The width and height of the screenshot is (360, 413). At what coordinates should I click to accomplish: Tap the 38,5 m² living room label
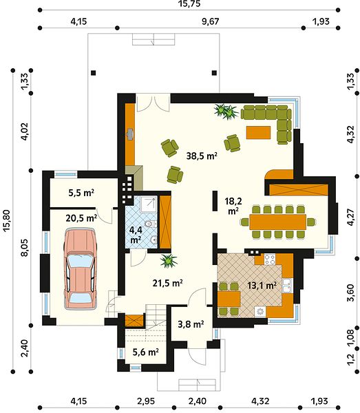coord(202,156)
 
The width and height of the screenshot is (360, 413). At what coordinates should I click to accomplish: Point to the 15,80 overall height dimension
coord(6,220)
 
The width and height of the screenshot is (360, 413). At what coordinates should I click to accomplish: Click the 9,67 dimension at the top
coord(211,21)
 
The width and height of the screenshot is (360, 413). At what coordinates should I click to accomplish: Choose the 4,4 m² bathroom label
coord(136,235)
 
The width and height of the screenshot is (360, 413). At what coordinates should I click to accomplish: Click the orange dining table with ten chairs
coord(277,222)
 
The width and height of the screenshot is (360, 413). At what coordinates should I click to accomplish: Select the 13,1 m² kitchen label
coord(262,285)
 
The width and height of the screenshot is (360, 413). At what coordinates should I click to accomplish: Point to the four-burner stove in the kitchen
coord(269,259)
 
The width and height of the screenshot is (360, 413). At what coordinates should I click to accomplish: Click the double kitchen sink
coord(287,286)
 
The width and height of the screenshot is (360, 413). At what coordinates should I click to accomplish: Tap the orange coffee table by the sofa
coord(258,132)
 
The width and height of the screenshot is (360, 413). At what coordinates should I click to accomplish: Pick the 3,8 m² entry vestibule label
coord(191,324)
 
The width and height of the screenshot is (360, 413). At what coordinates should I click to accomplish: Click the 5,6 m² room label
coord(146,352)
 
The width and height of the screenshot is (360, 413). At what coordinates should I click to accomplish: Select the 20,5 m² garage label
coord(81,218)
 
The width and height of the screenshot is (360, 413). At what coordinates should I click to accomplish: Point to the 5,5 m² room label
coord(81,193)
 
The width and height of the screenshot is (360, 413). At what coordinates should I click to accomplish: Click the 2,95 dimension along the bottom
coord(146,401)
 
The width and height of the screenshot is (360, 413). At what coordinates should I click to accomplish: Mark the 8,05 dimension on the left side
coord(25,247)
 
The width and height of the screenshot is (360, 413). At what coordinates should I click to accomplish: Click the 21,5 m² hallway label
coord(168,283)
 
